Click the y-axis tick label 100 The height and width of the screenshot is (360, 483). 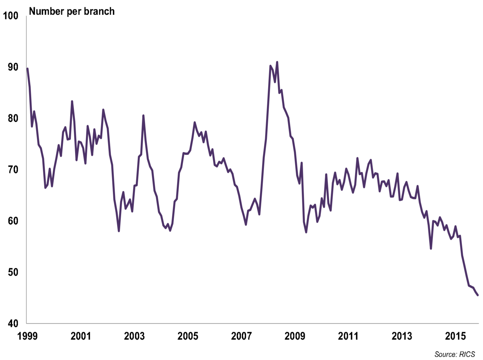coord(11,16)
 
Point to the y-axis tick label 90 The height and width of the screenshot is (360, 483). coord(13,67)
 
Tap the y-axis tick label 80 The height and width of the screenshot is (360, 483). coord(13,118)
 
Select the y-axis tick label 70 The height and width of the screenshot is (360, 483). coord(13,170)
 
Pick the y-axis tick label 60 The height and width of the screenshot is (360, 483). coord(13,221)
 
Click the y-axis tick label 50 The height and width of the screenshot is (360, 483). coord(13,272)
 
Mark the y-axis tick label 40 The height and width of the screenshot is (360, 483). coord(13,324)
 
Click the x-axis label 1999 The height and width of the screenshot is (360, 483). coord(27,336)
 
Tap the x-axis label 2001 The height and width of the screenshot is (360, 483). coord(80,336)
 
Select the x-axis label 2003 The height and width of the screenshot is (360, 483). coord(134,336)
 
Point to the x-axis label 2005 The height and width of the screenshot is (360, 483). coord(188,336)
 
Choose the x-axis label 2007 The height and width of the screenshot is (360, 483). coord(241,336)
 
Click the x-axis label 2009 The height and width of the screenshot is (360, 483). coord(295,336)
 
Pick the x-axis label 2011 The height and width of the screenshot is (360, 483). coord(348,336)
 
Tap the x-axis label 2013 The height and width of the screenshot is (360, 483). coord(402,336)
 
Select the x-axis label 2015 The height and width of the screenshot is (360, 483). coord(455,336)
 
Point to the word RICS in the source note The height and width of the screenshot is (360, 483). coord(467,354)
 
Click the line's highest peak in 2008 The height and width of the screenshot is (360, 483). coord(277,62)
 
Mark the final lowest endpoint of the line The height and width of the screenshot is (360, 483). coord(478,295)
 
